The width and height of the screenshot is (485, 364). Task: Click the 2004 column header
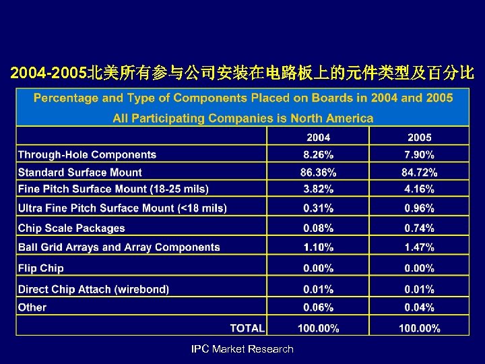click(318, 138)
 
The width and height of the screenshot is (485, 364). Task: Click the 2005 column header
click(419, 138)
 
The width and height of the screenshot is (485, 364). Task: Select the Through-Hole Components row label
click(87, 155)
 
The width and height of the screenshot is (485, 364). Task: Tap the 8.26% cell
click(318, 155)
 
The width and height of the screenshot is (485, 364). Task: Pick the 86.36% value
click(318, 173)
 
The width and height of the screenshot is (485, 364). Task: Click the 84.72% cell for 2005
click(419, 173)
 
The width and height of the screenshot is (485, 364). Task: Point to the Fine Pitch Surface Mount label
click(113, 189)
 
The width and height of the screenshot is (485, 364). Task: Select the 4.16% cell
click(419, 189)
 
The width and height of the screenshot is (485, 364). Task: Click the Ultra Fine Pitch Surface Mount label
click(122, 208)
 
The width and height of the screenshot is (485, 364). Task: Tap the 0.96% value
click(419, 208)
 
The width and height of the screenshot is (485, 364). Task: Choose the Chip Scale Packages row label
click(71, 229)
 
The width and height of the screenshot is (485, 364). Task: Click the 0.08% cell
click(318, 229)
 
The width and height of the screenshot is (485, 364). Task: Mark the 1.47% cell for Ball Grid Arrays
click(419, 247)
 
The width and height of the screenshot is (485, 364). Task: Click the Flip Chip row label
click(41, 268)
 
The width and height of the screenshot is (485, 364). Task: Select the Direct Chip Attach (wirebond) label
click(94, 289)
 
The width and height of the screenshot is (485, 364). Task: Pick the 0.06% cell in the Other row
click(318, 307)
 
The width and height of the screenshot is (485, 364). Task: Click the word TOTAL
click(247, 328)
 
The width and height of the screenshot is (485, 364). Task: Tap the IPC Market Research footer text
click(243, 349)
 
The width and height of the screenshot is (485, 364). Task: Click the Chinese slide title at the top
click(243, 71)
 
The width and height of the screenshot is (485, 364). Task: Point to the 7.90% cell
click(419, 155)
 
